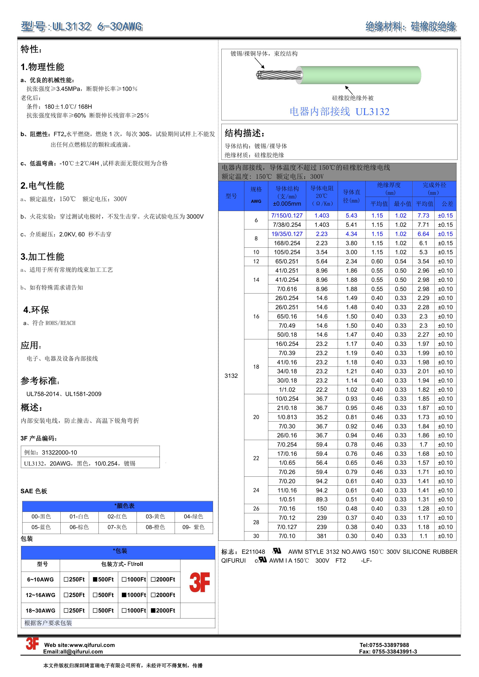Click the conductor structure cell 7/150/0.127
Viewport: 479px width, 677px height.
coord(287,216)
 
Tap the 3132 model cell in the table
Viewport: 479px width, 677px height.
coord(231,376)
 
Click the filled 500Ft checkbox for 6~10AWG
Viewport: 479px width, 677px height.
coord(95,579)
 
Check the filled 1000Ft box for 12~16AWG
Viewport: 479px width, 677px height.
coord(124,595)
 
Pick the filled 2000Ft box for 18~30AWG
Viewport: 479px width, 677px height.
coord(153,611)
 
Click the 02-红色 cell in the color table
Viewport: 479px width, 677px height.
coord(117,517)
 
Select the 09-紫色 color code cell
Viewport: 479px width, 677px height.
coord(193,527)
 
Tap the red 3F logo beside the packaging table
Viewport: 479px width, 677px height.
coord(199,582)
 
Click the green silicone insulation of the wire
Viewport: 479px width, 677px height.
coord(360,75)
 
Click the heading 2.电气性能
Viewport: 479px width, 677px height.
coord(42,186)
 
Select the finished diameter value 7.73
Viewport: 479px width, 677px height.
coord(423,216)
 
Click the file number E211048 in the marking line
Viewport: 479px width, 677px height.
coord(253,552)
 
